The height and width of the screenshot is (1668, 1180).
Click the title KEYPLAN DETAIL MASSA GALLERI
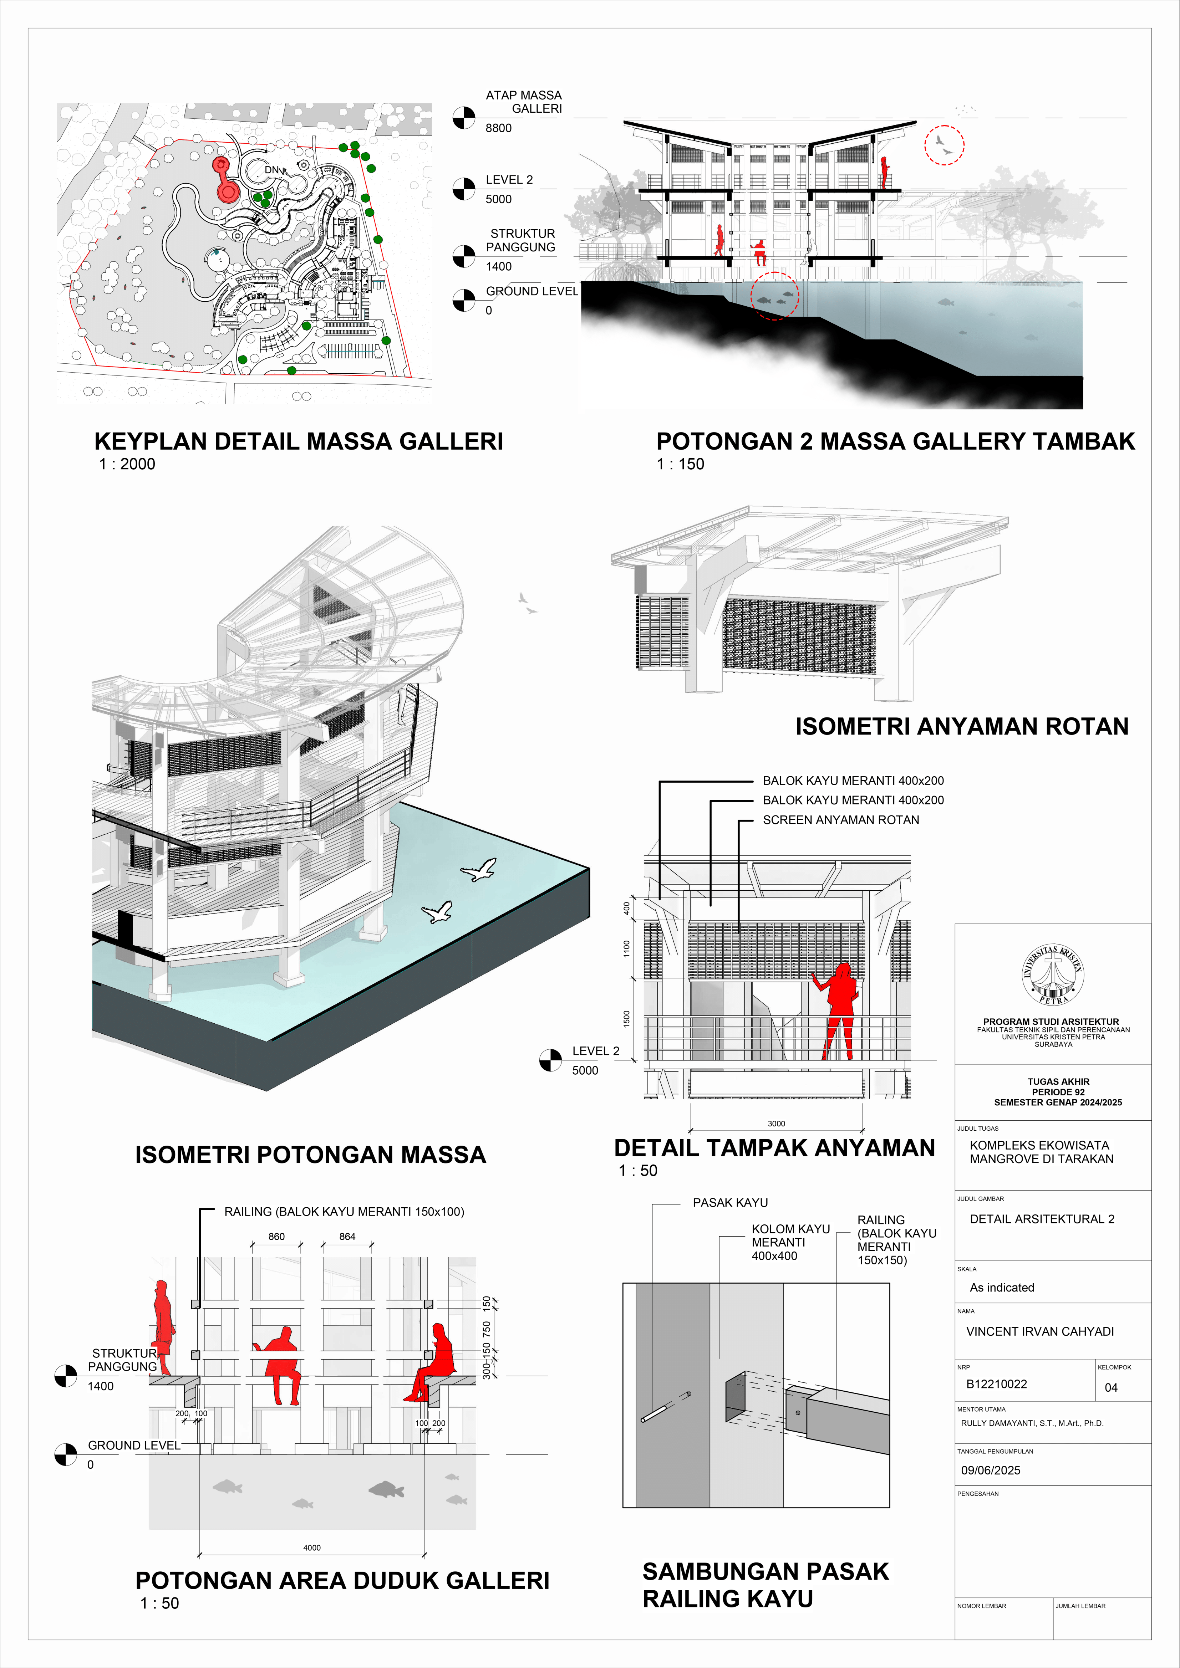(x=299, y=441)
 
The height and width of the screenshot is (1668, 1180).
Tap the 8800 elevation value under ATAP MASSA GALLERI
(x=498, y=128)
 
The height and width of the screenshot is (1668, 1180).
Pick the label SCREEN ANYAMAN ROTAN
(x=841, y=819)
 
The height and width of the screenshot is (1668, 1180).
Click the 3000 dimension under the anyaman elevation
(x=776, y=1123)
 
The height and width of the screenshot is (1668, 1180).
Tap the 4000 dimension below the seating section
(x=312, y=1547)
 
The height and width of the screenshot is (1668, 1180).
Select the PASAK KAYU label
(x=730, y=1202)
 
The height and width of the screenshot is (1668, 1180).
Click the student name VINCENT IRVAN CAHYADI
(x=1040, y=1331)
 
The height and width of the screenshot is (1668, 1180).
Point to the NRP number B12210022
(x=996, y=1384)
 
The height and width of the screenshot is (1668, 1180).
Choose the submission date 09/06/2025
(x=990, y=1470)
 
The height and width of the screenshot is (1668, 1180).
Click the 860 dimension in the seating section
(x=276, y=1236)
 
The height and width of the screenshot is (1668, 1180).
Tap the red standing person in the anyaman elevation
(x=841, y=1010)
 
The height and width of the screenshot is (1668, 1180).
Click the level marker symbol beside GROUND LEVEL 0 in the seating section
(x=65, y=1454)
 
